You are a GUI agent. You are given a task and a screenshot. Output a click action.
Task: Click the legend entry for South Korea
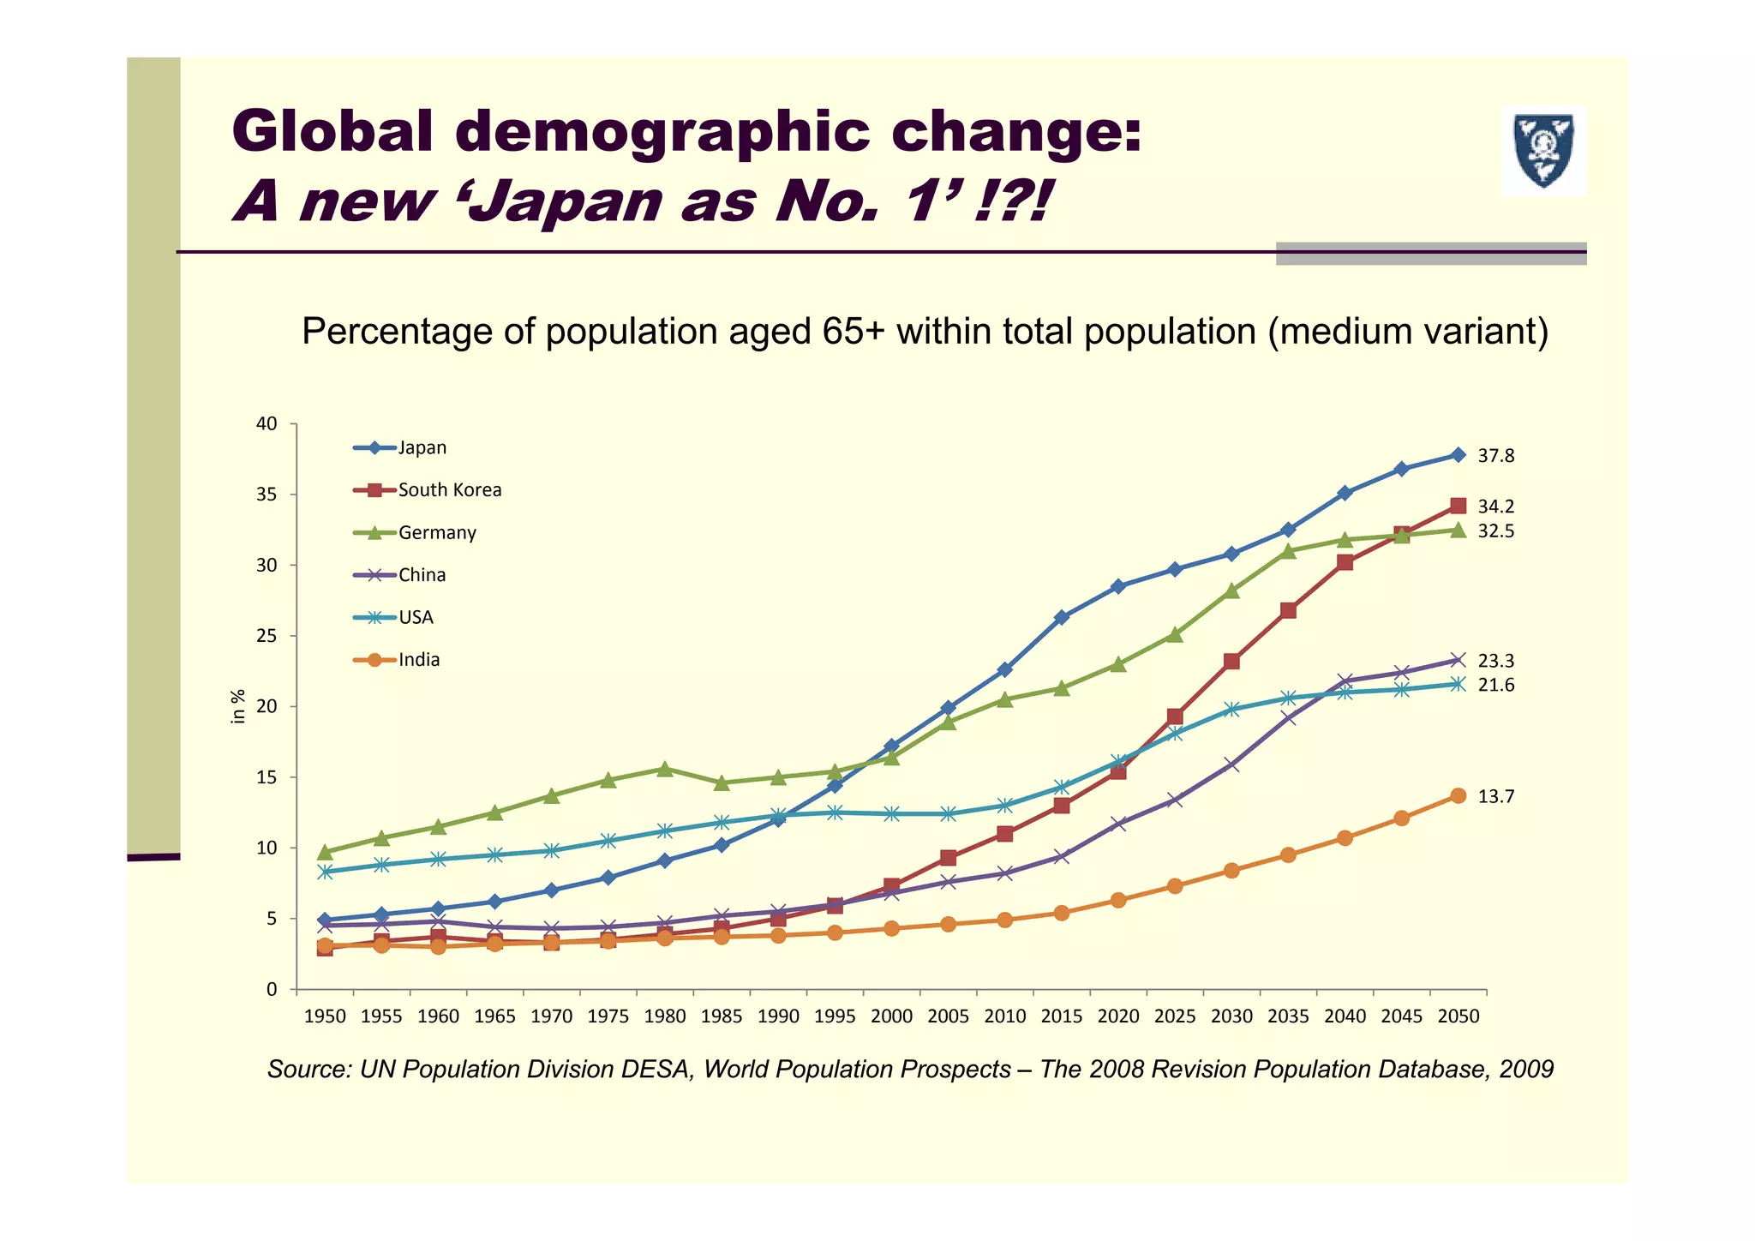tap(449, 490)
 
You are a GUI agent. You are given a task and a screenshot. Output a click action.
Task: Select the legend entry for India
tap(418, 660)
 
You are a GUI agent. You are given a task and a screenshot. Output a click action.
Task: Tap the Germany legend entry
tap(436, 533)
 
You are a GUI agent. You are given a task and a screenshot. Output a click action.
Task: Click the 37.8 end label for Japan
tap(1495, 457)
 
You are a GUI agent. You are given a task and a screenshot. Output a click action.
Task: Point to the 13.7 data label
tap(1495, 797)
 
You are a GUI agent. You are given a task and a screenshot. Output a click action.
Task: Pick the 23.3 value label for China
tap(1495, 662)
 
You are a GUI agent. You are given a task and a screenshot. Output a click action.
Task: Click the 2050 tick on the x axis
tap(1458, 1016)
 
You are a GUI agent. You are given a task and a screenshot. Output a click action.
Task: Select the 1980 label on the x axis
tap(664, 1016)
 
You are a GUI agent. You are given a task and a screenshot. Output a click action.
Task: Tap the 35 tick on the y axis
tap(267, 495)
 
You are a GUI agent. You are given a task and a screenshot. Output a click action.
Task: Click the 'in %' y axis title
tap(239, 707)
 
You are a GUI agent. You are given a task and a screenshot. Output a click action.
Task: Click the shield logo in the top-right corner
tap(1543, 151)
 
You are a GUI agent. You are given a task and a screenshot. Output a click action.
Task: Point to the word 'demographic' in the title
tap(664, 132)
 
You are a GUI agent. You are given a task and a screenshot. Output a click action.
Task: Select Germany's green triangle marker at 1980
tap(664, 769)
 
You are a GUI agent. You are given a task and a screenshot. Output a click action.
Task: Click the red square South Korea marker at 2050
tap(1458, 506)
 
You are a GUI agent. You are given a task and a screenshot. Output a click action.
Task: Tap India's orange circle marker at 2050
tap(1458, 796)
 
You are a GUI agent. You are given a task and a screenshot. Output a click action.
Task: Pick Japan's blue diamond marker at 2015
tap(1061, 617)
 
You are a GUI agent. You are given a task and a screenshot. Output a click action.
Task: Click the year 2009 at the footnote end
tap(1526, 1070)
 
